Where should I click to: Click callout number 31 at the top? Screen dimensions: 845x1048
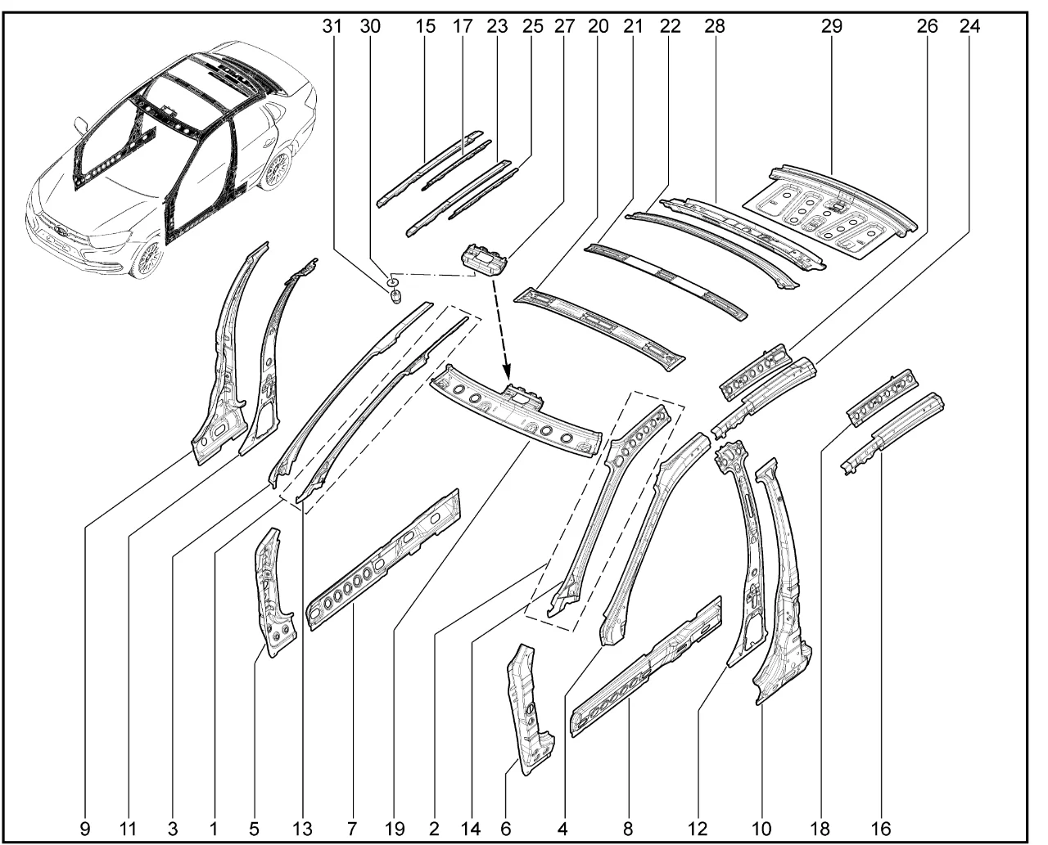point(331,26)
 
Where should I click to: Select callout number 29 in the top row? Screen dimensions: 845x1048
point(832,26)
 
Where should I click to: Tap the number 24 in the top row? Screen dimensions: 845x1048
point(969,26)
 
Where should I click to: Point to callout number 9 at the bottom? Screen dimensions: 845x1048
point(85,829)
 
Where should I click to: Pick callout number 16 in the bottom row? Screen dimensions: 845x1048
point(881,829)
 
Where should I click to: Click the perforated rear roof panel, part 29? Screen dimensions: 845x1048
point(835,213)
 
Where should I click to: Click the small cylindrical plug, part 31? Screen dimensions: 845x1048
point(396,296)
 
